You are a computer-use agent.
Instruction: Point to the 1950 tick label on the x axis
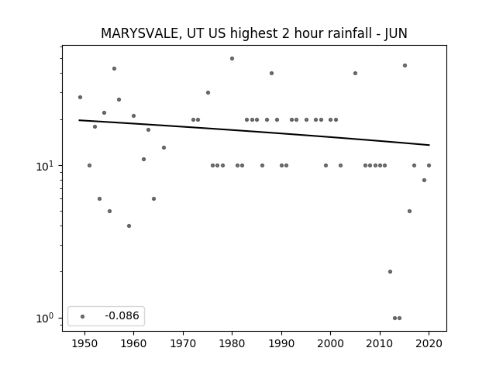pos(84,343)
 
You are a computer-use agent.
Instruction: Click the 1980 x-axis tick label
pos(232,343)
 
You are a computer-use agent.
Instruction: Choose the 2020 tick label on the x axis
pos(429,343)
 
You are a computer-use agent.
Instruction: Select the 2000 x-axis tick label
pos(330,343)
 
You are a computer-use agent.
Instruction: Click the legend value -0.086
pos(122,315)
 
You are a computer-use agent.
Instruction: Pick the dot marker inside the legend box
pos(83,316)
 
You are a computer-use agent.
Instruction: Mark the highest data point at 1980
pos(232,59)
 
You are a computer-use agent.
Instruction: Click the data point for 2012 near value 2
pos(390,271)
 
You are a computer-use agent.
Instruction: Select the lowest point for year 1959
pos(129,226)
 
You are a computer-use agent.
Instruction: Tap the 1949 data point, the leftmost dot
pos(80,97)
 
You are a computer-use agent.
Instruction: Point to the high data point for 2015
pos(405,65)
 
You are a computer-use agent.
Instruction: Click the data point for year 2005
pos(355,73)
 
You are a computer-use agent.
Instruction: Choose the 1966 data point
pos(164,147)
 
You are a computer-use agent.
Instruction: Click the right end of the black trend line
pos(429,145)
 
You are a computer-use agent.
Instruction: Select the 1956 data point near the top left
pos(114,68)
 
